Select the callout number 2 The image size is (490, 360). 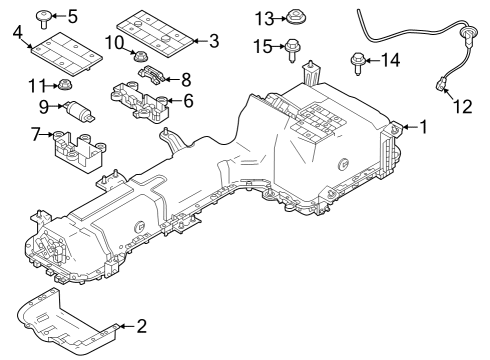click(141, 325)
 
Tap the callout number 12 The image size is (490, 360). click(461, 104)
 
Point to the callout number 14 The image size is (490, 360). click(391, 61)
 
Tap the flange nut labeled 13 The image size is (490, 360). click(295, 17)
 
